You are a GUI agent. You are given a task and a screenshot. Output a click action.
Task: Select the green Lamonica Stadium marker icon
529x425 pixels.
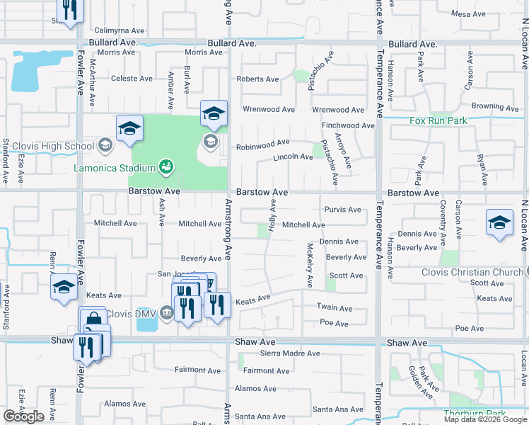tap(166, 167)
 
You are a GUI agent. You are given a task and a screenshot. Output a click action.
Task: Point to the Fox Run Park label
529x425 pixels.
tap(438, 121)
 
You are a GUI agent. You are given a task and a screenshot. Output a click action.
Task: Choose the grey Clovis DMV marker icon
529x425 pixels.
tap(166, 313)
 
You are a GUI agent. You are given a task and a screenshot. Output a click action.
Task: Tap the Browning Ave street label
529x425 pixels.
tap(496, 107)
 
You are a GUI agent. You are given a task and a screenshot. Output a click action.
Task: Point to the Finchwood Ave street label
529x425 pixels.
tap(348, 125)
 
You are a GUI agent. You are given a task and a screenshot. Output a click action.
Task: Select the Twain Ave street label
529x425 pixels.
tap(335, 308)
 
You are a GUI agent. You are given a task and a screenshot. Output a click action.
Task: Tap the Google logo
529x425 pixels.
tap(23, 416)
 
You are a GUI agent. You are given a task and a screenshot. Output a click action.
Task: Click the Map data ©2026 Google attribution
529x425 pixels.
tap(484, 419)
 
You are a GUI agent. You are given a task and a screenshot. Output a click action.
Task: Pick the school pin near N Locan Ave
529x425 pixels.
tap(499, 222)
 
